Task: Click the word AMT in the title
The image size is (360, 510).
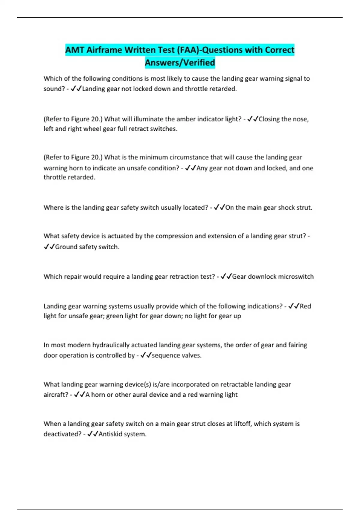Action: click(75, 50)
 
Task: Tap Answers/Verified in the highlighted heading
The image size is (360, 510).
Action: click(180, 63)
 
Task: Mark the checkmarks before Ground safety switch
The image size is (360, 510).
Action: click(49, 247)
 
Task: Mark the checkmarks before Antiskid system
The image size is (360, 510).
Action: click(93, 434)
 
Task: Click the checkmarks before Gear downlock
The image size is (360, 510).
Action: click(226, 277)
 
